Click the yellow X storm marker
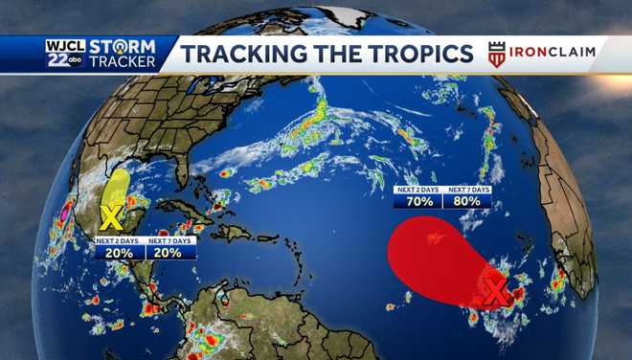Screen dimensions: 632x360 [109, 216]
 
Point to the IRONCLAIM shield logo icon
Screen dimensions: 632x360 [496, 54]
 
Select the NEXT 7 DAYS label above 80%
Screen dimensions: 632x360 [468, 190]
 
